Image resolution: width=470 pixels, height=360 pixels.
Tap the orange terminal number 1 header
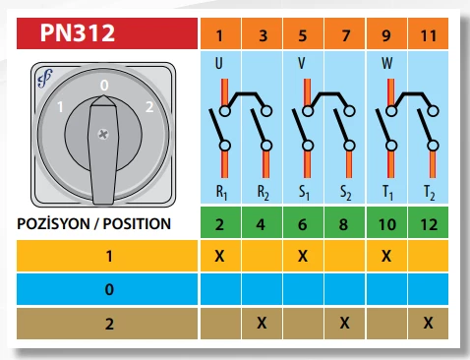[x=220, y=37]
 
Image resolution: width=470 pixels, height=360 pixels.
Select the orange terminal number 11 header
[x=428, y=37]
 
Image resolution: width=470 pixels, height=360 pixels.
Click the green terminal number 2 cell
[x=220, y=223]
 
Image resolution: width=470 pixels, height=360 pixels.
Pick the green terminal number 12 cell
[x=428, y=223]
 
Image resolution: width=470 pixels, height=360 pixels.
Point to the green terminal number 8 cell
[x=344, y=223]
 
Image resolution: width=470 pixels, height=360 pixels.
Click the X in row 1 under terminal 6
[x=303, y=256]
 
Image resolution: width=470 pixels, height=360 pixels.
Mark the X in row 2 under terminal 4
[x=262, y=322]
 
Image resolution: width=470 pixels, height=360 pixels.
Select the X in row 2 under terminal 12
[x=428, y=322]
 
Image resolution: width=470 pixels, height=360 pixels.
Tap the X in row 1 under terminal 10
[x=386, y=256]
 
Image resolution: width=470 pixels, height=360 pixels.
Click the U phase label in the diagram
[x=219, y=67]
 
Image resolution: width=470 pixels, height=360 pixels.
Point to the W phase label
[x=386, y=67]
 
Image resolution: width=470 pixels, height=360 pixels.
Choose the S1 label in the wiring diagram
[x=305, y=191]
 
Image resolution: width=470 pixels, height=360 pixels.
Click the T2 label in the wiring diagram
[x=430, y=191]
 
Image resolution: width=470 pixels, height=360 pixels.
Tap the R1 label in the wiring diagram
[x=222, y=191]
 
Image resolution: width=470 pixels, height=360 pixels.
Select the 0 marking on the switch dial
[x=104, y=87]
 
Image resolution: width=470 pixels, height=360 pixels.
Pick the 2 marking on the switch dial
[x=147, y=105]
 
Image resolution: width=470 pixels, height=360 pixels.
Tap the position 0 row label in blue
[x=108, y=289]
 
